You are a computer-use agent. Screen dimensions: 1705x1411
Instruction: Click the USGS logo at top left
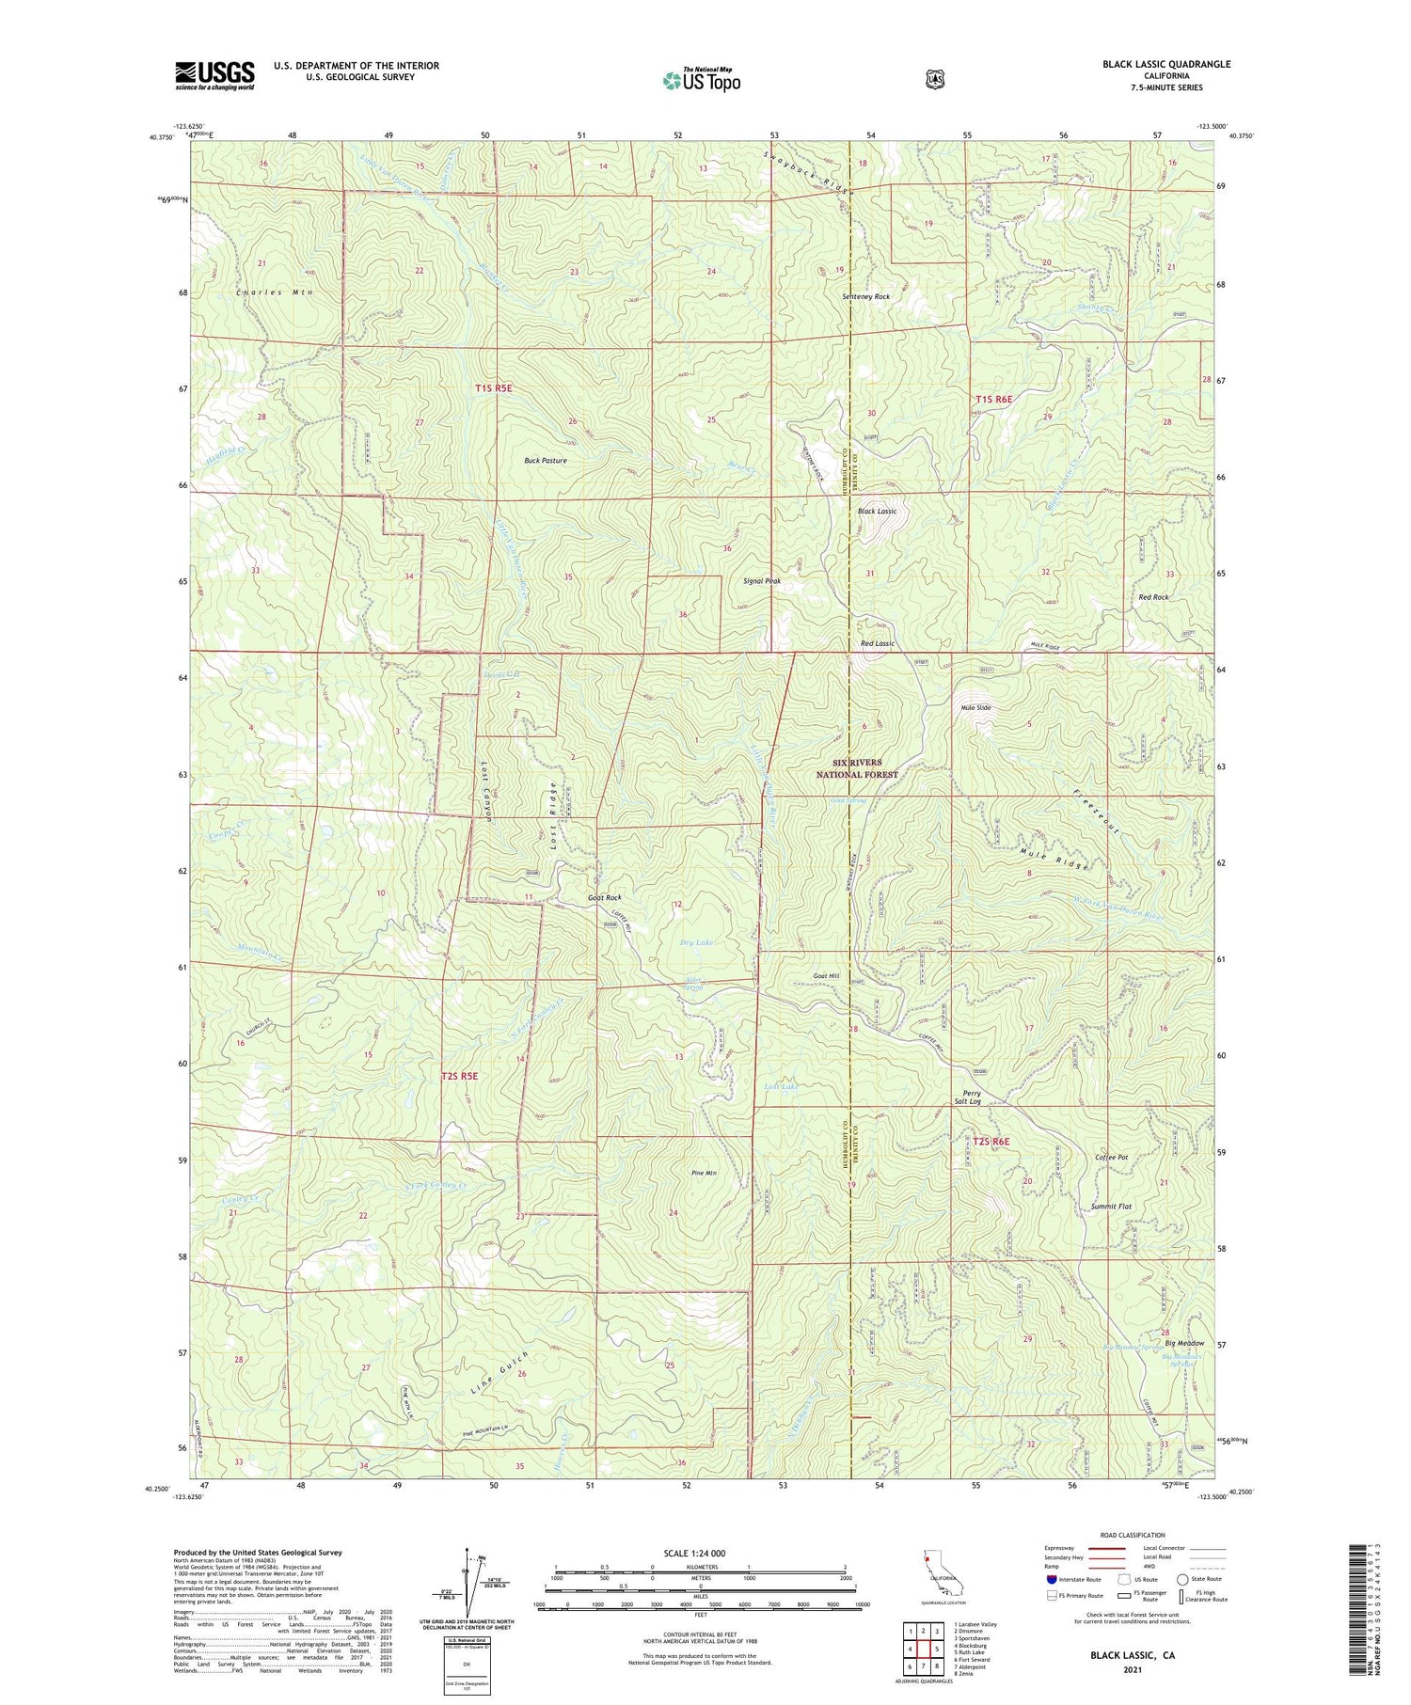point(214,75)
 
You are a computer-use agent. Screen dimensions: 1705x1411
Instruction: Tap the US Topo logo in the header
point(702,80)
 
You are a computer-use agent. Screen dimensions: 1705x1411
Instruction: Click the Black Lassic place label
point(877,511)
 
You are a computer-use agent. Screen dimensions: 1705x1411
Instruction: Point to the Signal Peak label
point(762,581)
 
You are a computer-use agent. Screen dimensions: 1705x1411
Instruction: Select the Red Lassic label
point(877,643)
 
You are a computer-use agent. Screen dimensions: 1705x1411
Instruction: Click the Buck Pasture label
point(546,461)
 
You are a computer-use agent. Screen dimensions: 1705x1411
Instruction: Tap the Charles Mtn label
point(275,292)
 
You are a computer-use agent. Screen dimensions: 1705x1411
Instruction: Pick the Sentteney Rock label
point(865,296)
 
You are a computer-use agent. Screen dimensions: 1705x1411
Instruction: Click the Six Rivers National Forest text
point(857,768)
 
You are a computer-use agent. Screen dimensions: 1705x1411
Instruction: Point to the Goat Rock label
point(604,898)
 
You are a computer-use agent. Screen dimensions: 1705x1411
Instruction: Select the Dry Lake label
point(696,941)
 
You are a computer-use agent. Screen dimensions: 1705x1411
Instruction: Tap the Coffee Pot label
point(1111,1157)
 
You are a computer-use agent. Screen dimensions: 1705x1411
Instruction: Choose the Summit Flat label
point(1111,1206)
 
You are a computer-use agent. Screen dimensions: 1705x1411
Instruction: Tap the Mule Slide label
point(975,707)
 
